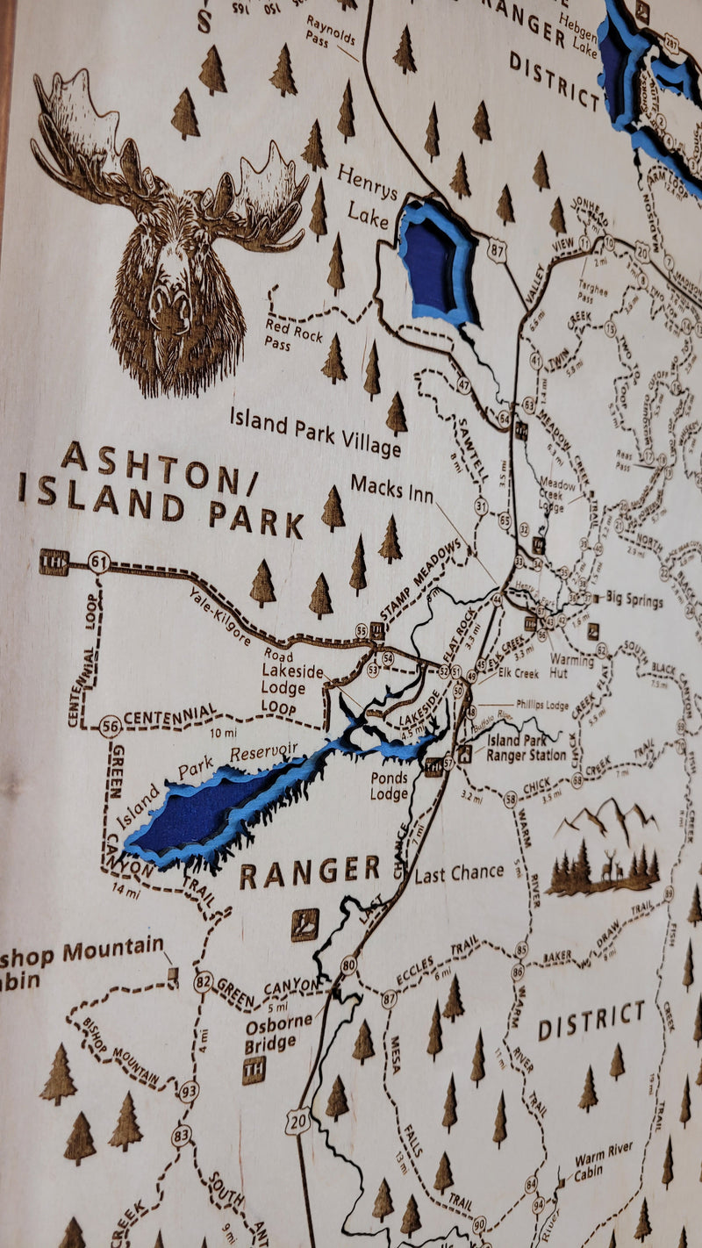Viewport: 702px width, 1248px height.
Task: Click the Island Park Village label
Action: pyautogui.click(x=315, y=431)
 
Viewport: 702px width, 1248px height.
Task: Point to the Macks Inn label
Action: pyautogui.click(x=391, y=489)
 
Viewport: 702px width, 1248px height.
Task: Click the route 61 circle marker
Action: pyautogui.click(x=99, y=562)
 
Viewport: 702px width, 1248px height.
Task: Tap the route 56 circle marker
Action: pyautogui.click(x=110, y=726)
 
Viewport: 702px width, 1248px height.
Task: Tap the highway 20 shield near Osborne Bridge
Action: pyautogui.click(x=298, y=1122)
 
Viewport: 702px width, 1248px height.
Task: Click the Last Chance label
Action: pyautogui.click(x=459, y=873)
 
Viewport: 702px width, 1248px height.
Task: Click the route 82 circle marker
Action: pyautogui.click(x=203, y=981)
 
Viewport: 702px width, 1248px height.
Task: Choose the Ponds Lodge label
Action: pyautogui.click(x=389, y=785)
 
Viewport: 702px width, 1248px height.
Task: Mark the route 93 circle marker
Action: pyautogui.click(x=189, y=1091)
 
